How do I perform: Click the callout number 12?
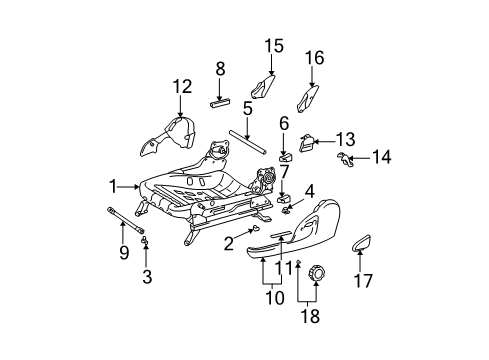point(181,87)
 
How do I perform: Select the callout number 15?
point(273,45)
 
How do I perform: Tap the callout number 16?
point(314,58)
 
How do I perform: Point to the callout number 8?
point(220,68)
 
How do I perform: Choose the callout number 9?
point(124,254)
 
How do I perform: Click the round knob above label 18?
point(318,273)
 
